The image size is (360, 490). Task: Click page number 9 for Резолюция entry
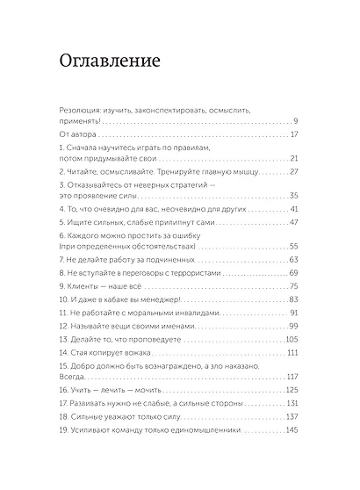(297, 120)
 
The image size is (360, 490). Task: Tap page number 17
(295, 134)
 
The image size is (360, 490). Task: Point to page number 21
(295, 159)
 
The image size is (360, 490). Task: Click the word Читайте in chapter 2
(86, 172)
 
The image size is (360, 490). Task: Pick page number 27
(295, 172)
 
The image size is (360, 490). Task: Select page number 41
(295, 211)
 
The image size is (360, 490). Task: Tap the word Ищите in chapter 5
(83, 224)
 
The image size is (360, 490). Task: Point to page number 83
(295, 300)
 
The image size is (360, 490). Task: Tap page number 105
(293, 339)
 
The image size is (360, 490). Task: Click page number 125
(293, 390)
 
